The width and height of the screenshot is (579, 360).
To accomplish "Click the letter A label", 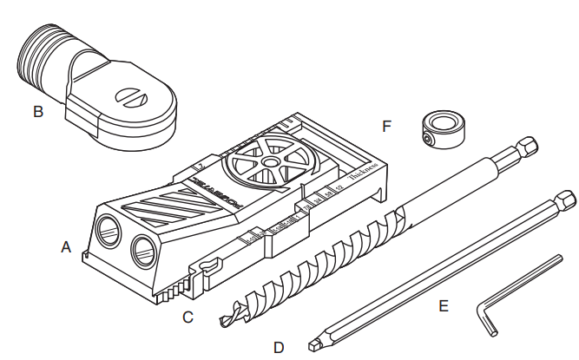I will (x=65, y=248).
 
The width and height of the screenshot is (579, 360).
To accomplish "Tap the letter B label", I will (x=37, y=111).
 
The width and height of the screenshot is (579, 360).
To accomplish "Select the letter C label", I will (x=188, y=317).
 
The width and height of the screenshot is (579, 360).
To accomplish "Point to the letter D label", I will (x=279, y=347).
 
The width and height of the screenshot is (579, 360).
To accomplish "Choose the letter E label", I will (x=444, y=306).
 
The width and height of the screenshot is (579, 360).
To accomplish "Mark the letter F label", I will (x=387, y=127).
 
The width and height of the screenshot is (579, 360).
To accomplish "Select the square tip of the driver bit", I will (x=314, y=344).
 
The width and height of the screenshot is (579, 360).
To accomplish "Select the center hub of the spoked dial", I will (x=272, y=161).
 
